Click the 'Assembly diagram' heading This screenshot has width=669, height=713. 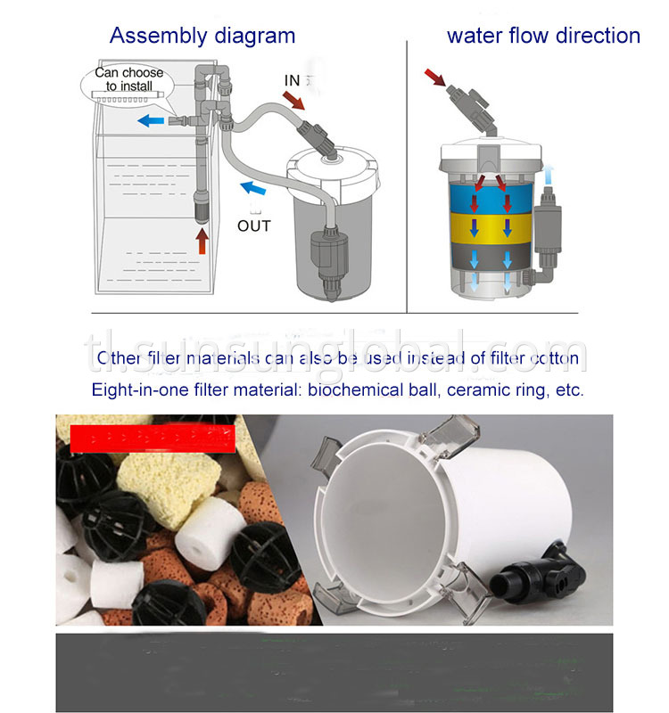click(x=202, y=36)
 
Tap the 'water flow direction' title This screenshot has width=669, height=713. click(x=543, y=36)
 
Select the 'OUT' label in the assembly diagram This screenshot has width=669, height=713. click(x=253, y=225)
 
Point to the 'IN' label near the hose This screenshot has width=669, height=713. click(x=293, y=80)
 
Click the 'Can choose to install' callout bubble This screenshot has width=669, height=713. click(x=128, y=80)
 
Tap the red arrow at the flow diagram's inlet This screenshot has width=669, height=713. click(x=436, y=83)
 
